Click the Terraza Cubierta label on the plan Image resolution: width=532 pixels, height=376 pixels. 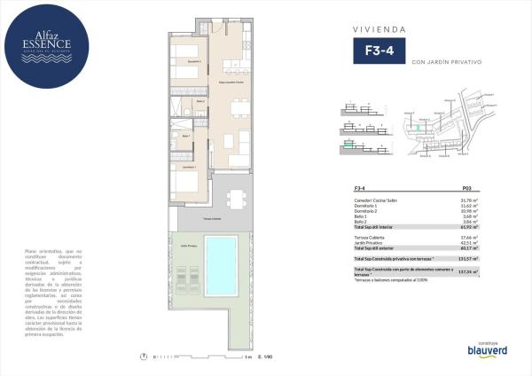[x=211, y=217]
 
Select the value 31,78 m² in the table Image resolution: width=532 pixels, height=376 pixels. [x=470, y=200]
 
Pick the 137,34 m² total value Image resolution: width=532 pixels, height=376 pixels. [x=469, y=272]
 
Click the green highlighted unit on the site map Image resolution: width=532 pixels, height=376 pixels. [x=421, y=128]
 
